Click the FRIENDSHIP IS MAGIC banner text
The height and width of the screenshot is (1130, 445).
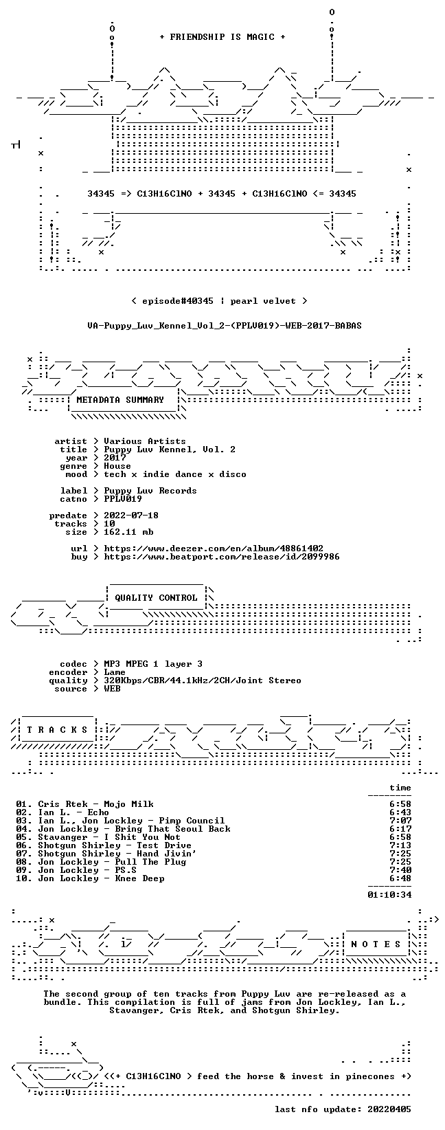tap(223, 37)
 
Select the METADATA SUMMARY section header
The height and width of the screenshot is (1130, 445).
tap(120, 400)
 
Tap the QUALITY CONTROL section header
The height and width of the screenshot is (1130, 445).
tap(156, 598)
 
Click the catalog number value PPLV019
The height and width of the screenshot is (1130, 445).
tap(123, 499)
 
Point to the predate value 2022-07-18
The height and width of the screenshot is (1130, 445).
tap(131, 516)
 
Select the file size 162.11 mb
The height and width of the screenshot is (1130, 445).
tap(128, 532)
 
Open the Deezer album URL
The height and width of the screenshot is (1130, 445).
tap(214, 549)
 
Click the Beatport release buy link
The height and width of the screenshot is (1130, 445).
tap(222, 557)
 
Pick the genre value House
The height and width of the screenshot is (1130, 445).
tap(117, 466)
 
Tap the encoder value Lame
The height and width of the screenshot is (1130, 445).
tap(115, 672)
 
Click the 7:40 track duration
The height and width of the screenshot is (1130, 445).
tap(400, 870)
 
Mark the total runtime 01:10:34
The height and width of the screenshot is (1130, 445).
tap(389, 895)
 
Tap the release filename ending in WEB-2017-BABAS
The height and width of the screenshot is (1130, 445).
tap(225, 326)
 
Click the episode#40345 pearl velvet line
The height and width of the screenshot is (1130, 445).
tap(219, 301)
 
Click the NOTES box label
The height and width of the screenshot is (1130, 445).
tap(376, 944)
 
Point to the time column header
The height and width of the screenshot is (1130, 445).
tap(400, 788)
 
